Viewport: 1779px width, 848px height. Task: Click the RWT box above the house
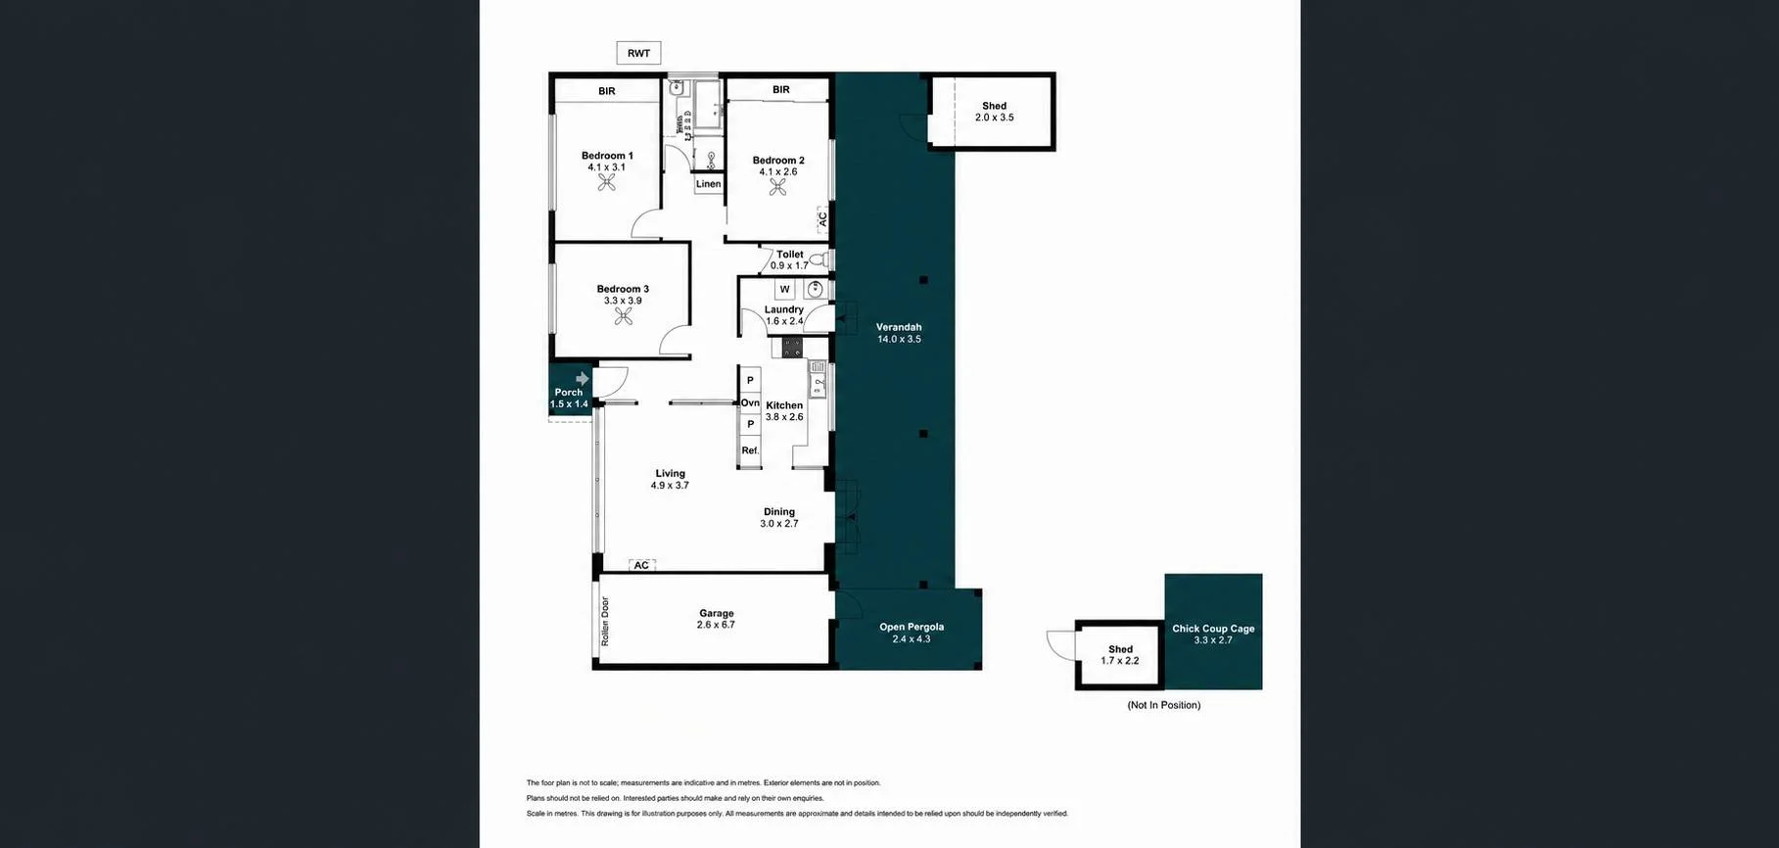point(638,53)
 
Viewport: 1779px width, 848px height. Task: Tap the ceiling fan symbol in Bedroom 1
point(607,183)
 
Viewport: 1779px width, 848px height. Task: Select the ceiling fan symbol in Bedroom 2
point(777,187)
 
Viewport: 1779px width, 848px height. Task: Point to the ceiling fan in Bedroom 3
point(624,316)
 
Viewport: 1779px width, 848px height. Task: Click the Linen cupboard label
point(708,184)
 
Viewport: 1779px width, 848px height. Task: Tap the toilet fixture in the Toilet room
point(819,260)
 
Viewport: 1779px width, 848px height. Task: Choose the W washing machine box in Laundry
point(784,290)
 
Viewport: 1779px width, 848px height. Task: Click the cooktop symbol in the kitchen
point(792,347)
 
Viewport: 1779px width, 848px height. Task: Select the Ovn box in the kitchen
point(750,402)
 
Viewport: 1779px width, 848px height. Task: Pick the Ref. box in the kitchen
point(750,450)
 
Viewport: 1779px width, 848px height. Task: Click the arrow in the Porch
point(583,378)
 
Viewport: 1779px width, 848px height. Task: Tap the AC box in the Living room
point(641,565)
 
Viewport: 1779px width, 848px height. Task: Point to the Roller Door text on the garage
point(605,621)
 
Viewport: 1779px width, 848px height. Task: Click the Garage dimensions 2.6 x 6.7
point(716,625)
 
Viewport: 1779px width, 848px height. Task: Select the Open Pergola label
point(912,627)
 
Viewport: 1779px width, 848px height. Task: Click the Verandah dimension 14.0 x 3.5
point(899,339)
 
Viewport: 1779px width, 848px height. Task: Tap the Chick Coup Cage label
point(1213,629)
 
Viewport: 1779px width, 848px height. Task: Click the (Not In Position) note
point(1163,705)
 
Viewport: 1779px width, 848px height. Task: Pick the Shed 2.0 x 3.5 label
point(995,112)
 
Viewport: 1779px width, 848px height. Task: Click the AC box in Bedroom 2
point(822,218)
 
